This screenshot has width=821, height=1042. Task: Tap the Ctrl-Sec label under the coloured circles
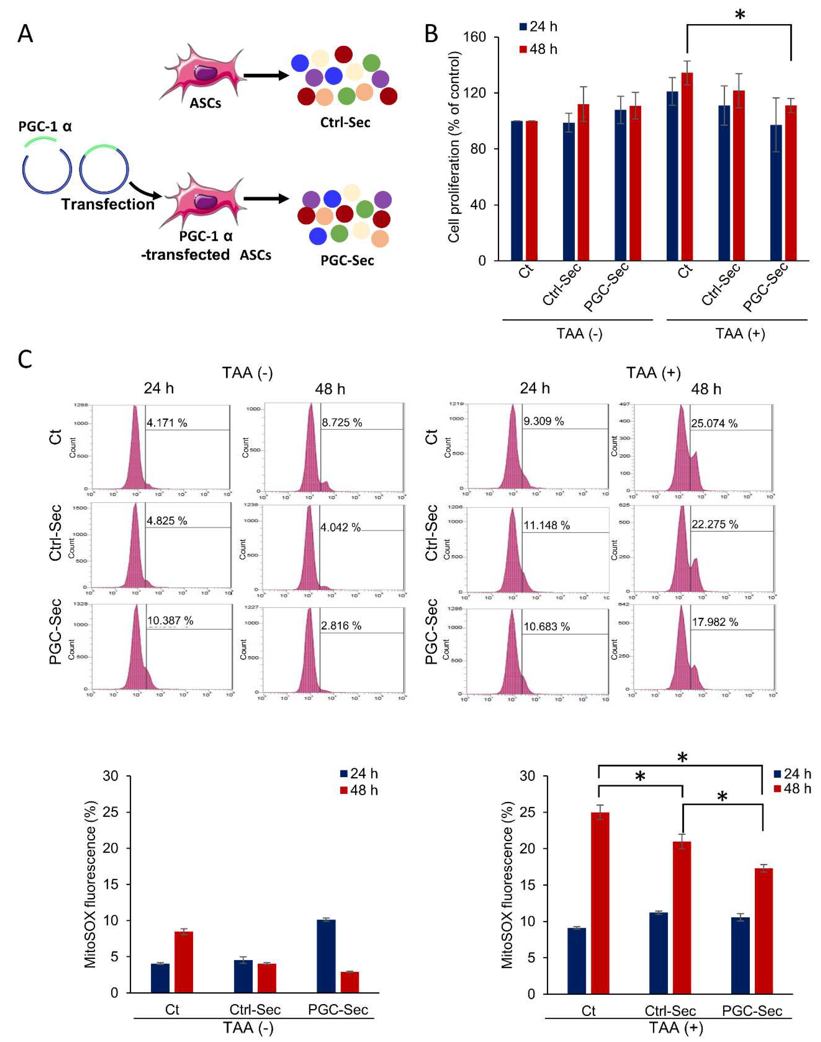345,123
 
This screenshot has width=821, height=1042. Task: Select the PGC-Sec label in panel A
347,261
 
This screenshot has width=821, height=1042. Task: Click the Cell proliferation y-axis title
454,147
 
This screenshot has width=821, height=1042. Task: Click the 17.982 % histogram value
715,622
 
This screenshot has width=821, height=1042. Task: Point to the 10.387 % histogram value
170,620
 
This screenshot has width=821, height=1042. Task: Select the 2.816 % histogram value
341,625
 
